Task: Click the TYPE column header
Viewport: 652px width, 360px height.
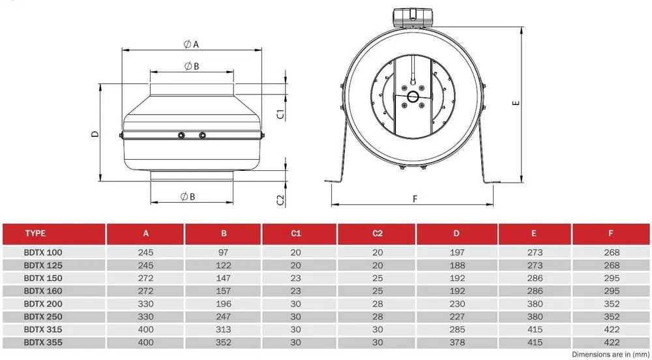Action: (x=35, y=233)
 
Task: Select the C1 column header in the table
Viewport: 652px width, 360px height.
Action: (x=295, y=233)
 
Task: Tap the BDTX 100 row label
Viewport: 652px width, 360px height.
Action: (x=43, y=252)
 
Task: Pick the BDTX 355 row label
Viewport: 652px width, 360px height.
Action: (x=43, y=342)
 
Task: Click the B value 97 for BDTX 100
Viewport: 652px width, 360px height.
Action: (x=224, y=252)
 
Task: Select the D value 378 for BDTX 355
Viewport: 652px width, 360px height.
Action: (x=457, y=343)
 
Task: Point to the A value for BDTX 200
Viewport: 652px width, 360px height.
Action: (x=146, y=304)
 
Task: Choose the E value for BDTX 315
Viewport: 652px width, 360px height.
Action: (x=535, y=329)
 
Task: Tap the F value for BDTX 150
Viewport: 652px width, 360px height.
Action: (x=612, y=278)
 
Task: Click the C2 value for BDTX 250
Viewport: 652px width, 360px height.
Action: (x=377, y=317)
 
